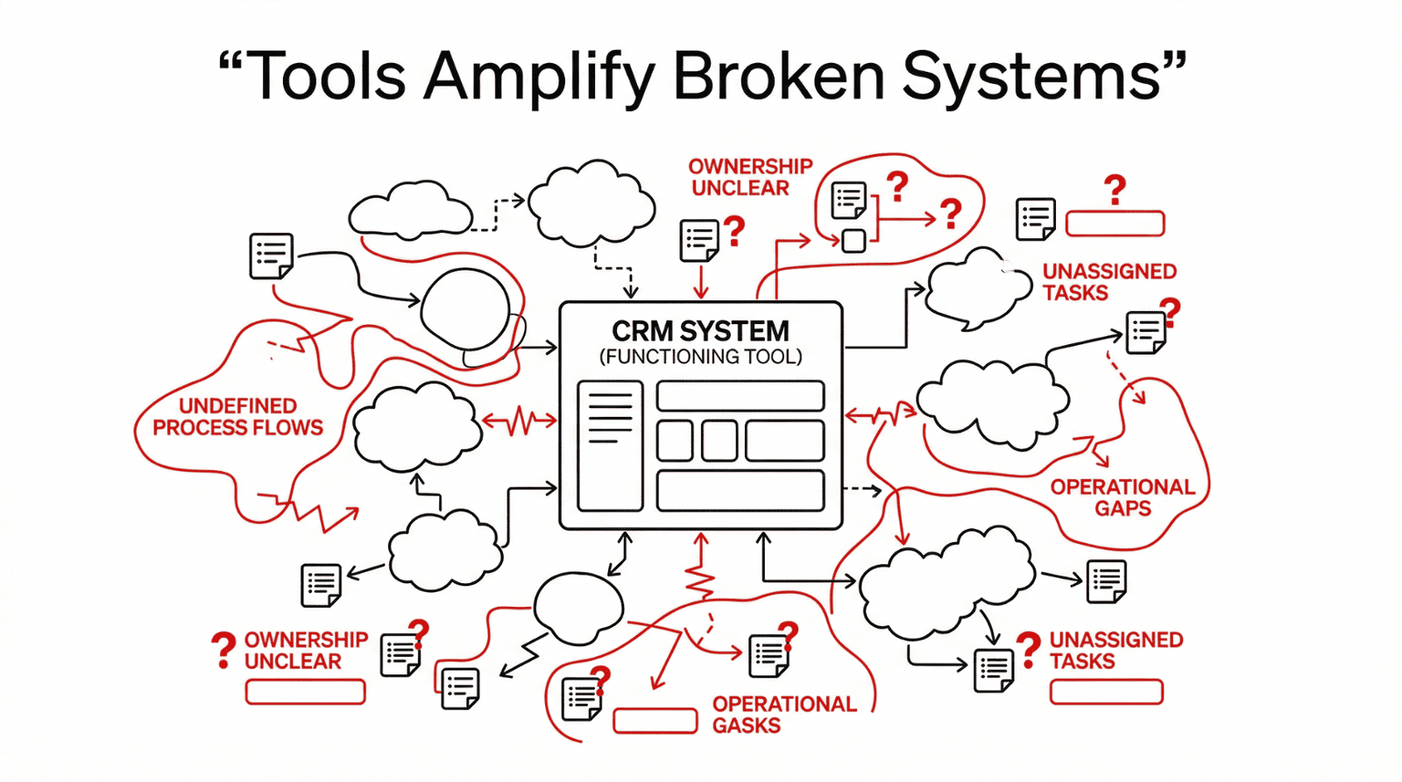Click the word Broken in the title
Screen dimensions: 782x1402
tap(779, 75)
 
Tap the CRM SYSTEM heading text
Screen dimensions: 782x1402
tap(700, 331)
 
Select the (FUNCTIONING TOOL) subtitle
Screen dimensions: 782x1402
tap(700, 357)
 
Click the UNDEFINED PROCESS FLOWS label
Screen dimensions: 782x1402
tap(237, 417)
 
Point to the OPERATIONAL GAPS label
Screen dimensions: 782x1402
tap(1122, 497)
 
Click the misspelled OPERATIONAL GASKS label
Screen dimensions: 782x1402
tap(783, 715)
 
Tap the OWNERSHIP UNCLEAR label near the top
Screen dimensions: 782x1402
tap(750, 177)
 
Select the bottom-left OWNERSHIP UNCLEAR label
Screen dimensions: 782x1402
tap(305, 651)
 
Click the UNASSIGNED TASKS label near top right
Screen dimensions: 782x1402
tap(1108, 282)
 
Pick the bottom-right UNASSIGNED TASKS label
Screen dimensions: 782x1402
tap(1115, 651)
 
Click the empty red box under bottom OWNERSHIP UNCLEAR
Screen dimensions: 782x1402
tap(305, 692)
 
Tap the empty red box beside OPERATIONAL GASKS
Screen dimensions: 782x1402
tap(655, 721)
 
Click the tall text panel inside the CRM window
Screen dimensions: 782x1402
tap(611, 446)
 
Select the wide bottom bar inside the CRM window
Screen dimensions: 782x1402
tap(740, 490)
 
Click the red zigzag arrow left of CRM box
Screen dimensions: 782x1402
tap(520, 421)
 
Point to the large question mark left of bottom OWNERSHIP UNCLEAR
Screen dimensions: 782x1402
tap(223, 651)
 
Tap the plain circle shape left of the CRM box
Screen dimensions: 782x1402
tap(465, 309)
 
